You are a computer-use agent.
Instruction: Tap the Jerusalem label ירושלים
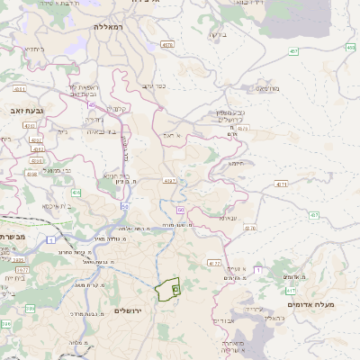[130, 310]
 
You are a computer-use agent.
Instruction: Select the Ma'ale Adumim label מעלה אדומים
[310, 305]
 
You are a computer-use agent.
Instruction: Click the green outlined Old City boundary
[165, 290]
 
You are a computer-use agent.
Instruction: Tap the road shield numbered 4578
[167, 44]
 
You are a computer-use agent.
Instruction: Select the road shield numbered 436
[76, 193]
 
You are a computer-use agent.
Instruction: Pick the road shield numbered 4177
[214, 263]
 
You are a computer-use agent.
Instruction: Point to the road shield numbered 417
[291, 291]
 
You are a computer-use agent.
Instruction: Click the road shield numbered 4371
[282, 184]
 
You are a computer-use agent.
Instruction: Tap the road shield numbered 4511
[36, 139]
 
